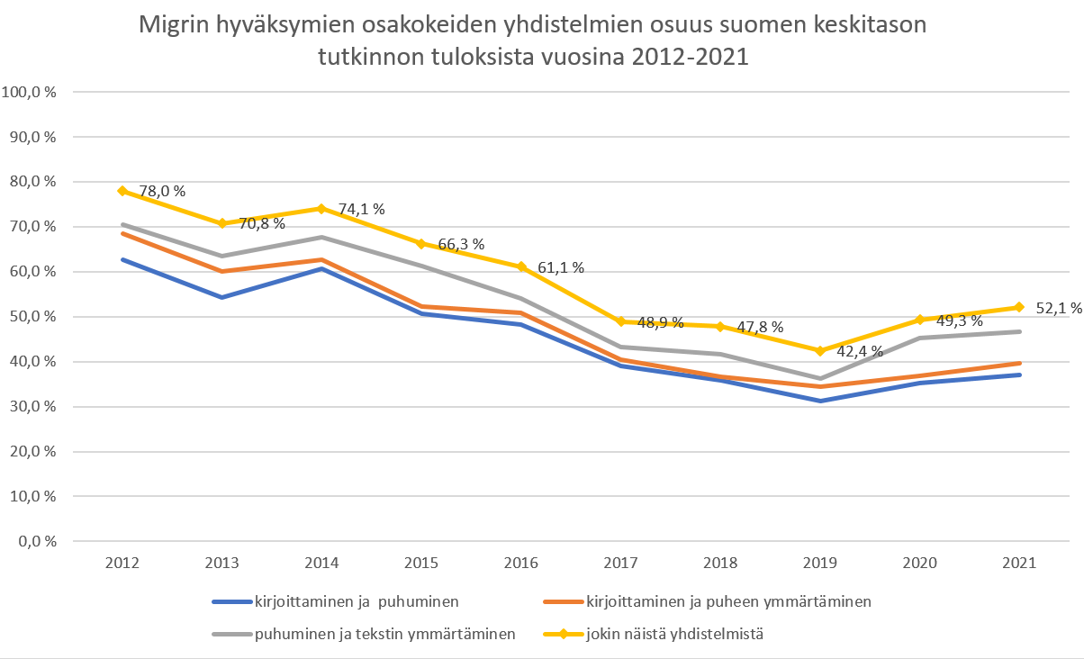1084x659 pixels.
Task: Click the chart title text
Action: (x=532, y=41)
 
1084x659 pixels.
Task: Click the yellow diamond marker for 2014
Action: (x=321, y=208)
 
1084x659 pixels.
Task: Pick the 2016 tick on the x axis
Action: (x=521, y=564)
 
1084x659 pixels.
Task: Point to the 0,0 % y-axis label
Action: (x=37, y=542)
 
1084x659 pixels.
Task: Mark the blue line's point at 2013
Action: (x=221, y=297)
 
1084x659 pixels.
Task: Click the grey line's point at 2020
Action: (x=919, y=338)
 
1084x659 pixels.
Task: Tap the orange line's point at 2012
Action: (x=122, y=233)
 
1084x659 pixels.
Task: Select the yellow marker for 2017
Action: (x=621, y=321)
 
